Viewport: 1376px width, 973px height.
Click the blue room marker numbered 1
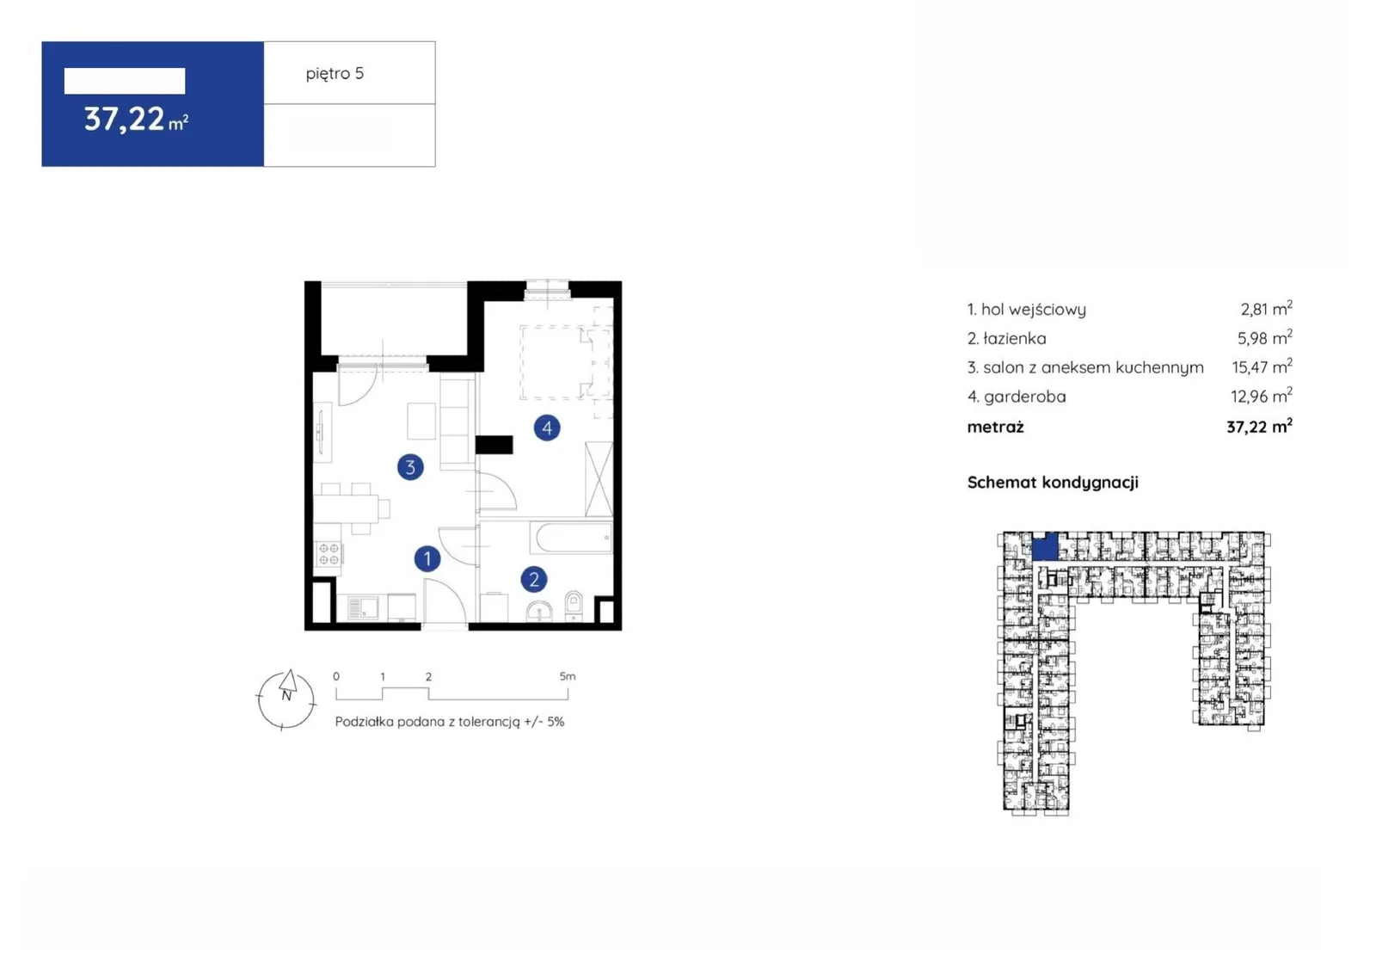pyautogui.click(x=427, y=558)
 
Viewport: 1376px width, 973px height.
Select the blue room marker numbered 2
pyautogui.click(x=534, y=579)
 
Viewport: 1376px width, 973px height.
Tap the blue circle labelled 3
pyautogui.click(x=410, y=467)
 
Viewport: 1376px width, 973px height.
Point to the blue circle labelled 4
pyautogui.click(x=547, y=428)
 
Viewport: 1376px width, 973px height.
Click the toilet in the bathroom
pyautogui.click(x=574, y=605)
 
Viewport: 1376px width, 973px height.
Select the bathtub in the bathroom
pyautogui.click(x=571, y=538)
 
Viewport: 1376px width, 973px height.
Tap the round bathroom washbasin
pyautogui.click(x=539, y=611)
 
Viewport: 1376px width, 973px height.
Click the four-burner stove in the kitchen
pyautogui.click(x=329, y=554)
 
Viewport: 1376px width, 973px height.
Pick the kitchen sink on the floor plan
pyautogui.click(x=363, y=608)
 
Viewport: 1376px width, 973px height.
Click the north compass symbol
pyautogui.click(x=286, y=699)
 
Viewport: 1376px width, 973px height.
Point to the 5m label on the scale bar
pyautogui.click(x=568, y=676)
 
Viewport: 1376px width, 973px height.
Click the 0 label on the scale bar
pyautogui.click(x=336, y=676)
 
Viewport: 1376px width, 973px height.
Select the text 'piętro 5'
pyautogui.click(x=335, y=74)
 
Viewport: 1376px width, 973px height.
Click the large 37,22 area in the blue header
pyautogui.click(x=125, y=120)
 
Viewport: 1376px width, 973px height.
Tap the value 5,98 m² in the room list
pyautogui.click(x=1264, y=337)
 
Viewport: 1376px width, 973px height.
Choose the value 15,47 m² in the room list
pyautogui.click(x=1262, y=367)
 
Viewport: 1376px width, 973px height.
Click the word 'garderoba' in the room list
pyautogui.click(x=1024, y=397)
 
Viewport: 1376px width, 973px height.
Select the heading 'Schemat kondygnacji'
pyautogui.click(x=1053, y=483)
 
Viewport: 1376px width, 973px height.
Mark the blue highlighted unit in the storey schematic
pyautogui.click(x=1044, y=546)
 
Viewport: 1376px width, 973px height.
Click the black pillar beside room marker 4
pyautogui.click(x=494, y=445)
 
